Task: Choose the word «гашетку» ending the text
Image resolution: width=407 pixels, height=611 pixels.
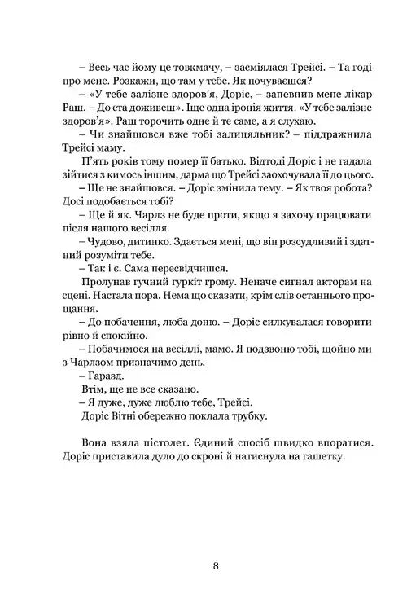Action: (346, 479)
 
